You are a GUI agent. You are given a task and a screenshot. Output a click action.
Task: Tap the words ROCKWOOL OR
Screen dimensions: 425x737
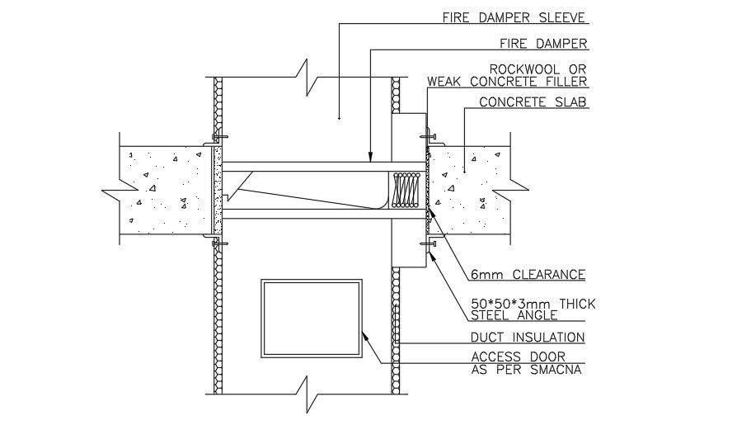click(537, 68)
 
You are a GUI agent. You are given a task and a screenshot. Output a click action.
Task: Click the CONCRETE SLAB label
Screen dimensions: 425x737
click(532, 102)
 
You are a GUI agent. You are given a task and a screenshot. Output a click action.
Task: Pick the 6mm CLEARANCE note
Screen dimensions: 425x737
click(528, 275)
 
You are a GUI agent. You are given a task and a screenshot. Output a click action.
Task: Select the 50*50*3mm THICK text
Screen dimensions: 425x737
click(533, 304)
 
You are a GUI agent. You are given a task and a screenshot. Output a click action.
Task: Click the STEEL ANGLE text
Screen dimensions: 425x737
click(514, 315)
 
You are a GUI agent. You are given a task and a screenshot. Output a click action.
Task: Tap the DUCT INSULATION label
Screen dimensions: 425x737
click(528, 337)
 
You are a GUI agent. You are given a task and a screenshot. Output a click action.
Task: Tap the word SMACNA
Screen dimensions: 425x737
click(559, 369)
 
